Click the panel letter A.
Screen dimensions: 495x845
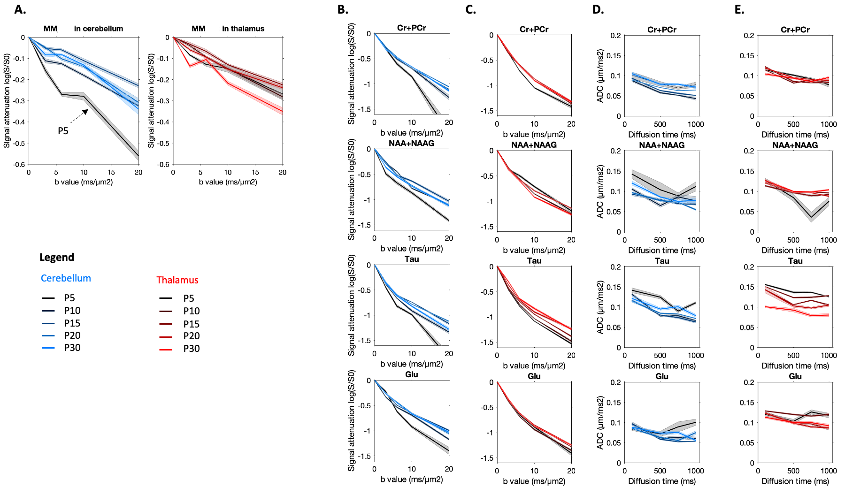(20, 9)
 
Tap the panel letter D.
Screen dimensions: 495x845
(598, 9)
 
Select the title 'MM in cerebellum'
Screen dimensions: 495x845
(84, 29)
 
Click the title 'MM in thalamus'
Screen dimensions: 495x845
(228, 29)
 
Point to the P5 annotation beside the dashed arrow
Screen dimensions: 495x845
(63, 131)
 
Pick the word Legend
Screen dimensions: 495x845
(57, 257)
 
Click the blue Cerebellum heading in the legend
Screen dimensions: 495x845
(66, 278)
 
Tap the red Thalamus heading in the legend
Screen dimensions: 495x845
(177, 280)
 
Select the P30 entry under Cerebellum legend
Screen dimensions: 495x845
(72, 348)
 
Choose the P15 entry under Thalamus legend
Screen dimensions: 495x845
(192, 324)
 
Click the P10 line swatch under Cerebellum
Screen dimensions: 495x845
(48, 311)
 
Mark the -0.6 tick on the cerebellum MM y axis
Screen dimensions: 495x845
(20, 164)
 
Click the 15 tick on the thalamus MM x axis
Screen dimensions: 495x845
(255, 172)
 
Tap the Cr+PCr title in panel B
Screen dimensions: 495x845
(412, 28)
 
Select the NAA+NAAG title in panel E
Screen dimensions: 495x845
(795, 145)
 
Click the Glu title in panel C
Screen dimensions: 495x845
(534, 376)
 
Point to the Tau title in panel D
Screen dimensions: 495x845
(662, 261)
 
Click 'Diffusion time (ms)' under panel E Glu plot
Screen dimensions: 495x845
(795, 481)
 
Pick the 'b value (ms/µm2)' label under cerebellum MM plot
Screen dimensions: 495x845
(84, 182)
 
